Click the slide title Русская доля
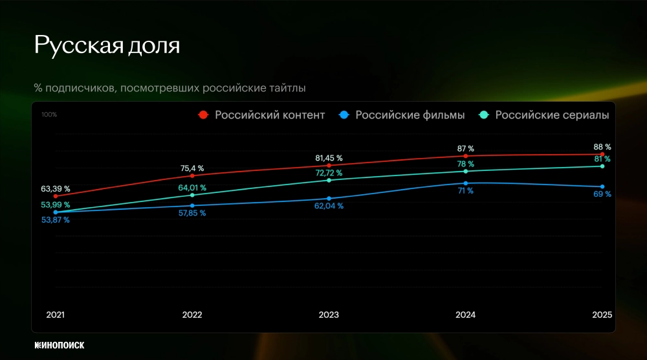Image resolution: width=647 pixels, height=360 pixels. (x=107, y=45)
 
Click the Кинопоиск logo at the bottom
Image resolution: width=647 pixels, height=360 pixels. (x=60, y=345)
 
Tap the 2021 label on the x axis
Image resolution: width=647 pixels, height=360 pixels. (x=56, y=315)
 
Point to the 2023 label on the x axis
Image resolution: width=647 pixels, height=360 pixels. (x=329, y=315)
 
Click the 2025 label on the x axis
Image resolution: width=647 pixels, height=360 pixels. (x=602, y=315)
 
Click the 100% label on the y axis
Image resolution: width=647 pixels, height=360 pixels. (x=49, y=115)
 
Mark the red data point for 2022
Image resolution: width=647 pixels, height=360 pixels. (x=192, y=175)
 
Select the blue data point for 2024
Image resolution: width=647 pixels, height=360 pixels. (x=465, y=183)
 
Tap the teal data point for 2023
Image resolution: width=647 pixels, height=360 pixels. (x=329, y=180)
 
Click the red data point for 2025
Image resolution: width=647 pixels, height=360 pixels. (x=602, y=154)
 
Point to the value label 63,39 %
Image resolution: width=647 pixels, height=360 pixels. (x=56, y=189)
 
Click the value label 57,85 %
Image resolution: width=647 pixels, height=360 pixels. (x=192, y=213)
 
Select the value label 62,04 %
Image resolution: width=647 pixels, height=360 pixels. (x=329, y=206)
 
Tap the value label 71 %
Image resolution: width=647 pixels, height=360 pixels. (x=465, y=191)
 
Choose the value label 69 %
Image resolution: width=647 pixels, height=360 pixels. (x=603, y=194)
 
